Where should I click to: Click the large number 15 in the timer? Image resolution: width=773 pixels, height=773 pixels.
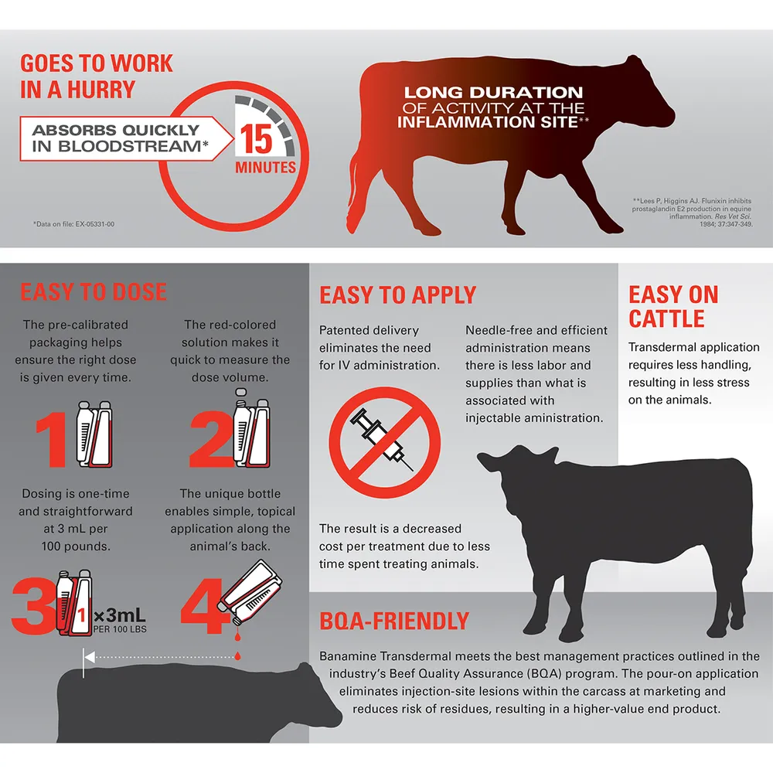click(x=256, y=138)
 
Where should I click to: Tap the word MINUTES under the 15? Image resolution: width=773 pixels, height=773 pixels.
click(x=265, y=167)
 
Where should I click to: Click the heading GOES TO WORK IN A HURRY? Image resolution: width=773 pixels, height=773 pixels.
click(x=97, y=77)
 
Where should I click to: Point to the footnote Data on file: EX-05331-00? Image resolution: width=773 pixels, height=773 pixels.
click(x=74, y=224)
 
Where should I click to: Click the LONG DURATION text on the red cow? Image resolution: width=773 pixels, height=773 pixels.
click(x=493, y=92)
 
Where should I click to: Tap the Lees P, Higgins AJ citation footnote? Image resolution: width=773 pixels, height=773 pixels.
click(x=692, y=213)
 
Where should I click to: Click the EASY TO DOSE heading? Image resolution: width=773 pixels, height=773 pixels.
click(x=94, y=291)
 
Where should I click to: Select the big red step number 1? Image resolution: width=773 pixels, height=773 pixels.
click(x=51, y=440)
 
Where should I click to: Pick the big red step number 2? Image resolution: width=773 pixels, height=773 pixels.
click(x=211, y=440)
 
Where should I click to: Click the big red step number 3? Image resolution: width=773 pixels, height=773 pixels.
click(x=33, y=605)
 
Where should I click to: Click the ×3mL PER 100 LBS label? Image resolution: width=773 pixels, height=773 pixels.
click(x=120, y=620)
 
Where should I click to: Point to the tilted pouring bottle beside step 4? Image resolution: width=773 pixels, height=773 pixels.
click(x=250, y=591)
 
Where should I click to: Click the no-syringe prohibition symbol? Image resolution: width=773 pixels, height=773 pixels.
click(x=385, y=442)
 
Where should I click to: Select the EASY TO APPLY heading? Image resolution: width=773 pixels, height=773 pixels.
click(x=398, y=295)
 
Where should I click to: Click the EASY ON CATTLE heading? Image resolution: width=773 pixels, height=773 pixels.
click(x=673, y=306)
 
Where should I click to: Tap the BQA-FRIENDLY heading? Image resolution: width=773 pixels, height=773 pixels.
click(x=394, y=621)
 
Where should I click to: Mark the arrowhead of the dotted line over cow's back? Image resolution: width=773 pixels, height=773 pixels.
click(x=89, y=656)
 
